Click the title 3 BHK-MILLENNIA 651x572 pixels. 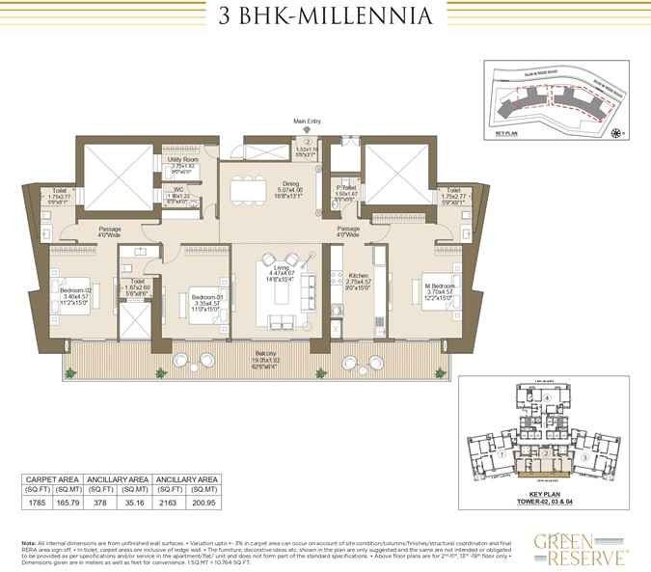pos(325,16)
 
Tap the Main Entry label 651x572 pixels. pos(306,122)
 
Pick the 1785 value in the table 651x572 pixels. pos(37,502)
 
